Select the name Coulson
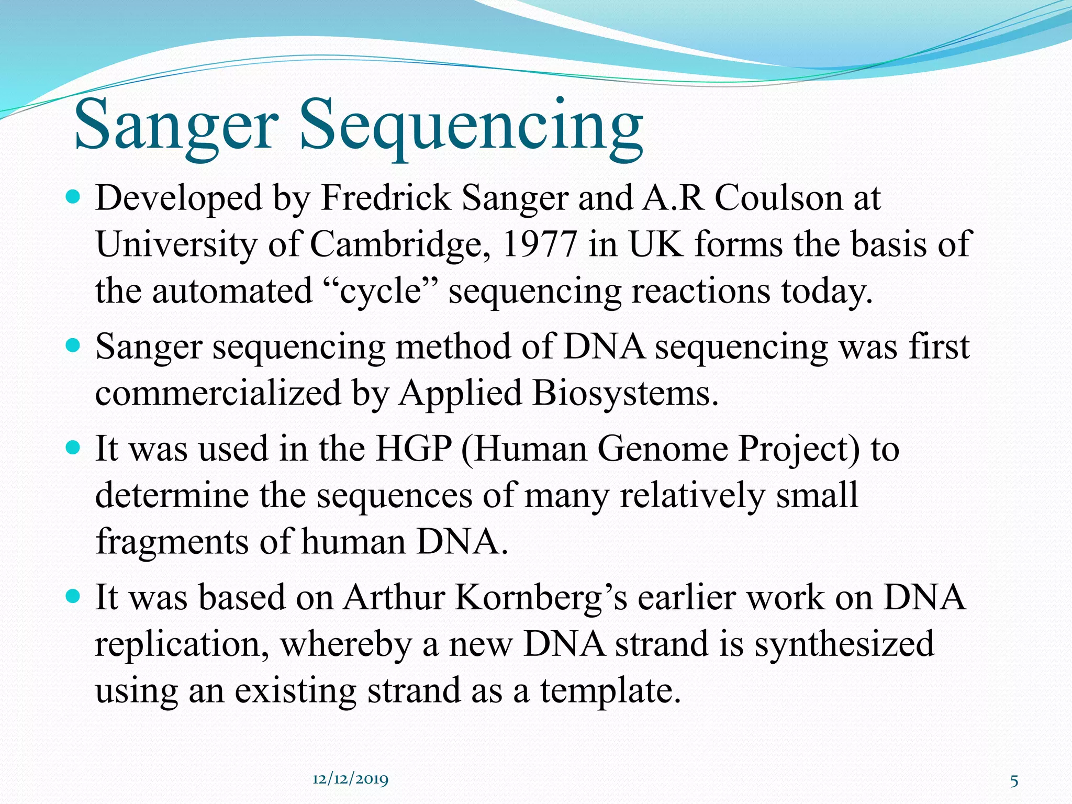click(779, 199)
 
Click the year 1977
click(539, 244)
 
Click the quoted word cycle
click(381, 291)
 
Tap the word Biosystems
click(625, 393)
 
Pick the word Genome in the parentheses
click(662, 449)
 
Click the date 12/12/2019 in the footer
click(350, 779)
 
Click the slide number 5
click(1014, 781)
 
